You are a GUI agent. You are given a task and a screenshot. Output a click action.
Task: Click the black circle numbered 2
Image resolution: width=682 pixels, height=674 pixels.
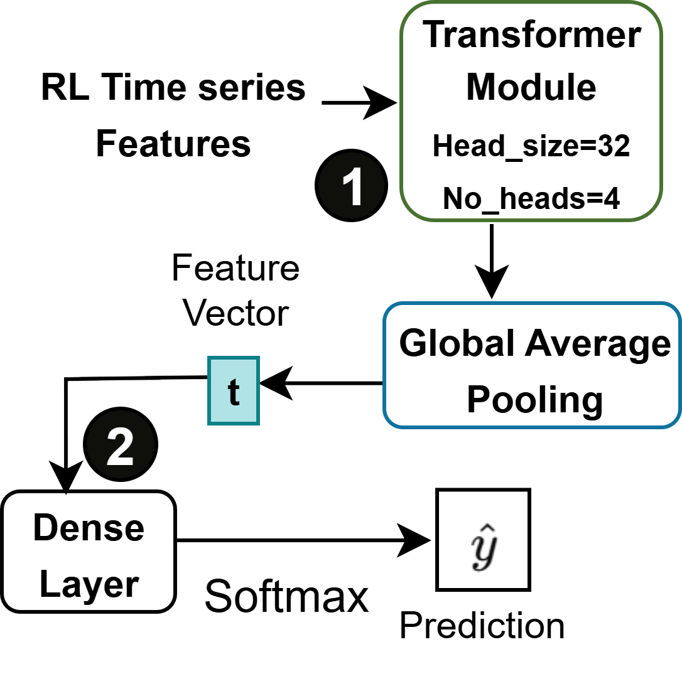tap(120, 447)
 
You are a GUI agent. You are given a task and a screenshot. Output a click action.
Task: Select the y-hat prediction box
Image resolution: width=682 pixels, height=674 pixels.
tap(484, 540)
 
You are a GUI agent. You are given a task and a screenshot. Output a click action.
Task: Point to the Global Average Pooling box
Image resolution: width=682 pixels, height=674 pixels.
tap(532, 366)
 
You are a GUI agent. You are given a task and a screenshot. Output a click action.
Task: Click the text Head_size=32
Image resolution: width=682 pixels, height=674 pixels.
tap(531, 147)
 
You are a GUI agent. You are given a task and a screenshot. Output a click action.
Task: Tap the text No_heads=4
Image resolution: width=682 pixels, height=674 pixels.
tap(531, 199)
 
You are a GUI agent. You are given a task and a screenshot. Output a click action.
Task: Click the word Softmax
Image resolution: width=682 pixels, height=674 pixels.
tap(286, 596)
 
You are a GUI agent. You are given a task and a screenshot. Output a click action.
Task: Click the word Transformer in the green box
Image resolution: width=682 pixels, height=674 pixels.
tap(531, 36)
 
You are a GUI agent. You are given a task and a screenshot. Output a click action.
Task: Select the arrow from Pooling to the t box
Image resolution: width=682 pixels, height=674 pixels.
tap(320, 383)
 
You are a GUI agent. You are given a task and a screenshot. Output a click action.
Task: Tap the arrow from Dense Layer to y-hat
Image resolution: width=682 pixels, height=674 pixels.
tap(301, 540)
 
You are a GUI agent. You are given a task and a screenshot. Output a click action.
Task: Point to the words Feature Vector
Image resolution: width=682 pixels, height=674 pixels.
tap(236, 291)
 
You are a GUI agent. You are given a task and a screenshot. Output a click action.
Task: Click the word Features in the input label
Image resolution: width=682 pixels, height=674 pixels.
tap(173, 144)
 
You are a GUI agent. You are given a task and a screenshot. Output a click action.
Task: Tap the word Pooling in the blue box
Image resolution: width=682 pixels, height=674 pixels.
tap(534, 399)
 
